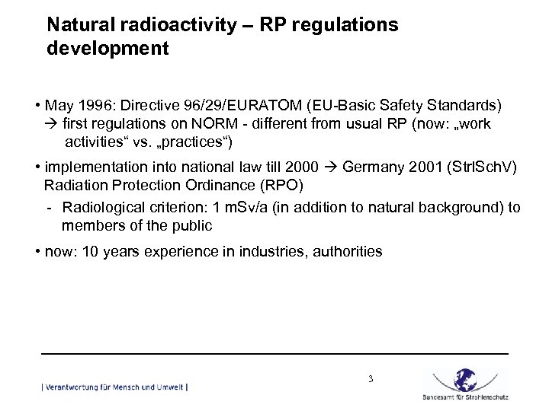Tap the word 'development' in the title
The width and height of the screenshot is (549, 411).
[x=108, y=49]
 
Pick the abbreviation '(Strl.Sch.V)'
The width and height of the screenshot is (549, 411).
[x=478, y=167]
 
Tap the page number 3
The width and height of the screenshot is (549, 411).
[x=370, y=378]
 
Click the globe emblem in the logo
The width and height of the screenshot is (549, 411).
[x=465, y=379]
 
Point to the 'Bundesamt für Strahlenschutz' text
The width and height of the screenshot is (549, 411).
[x=465, y=397]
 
